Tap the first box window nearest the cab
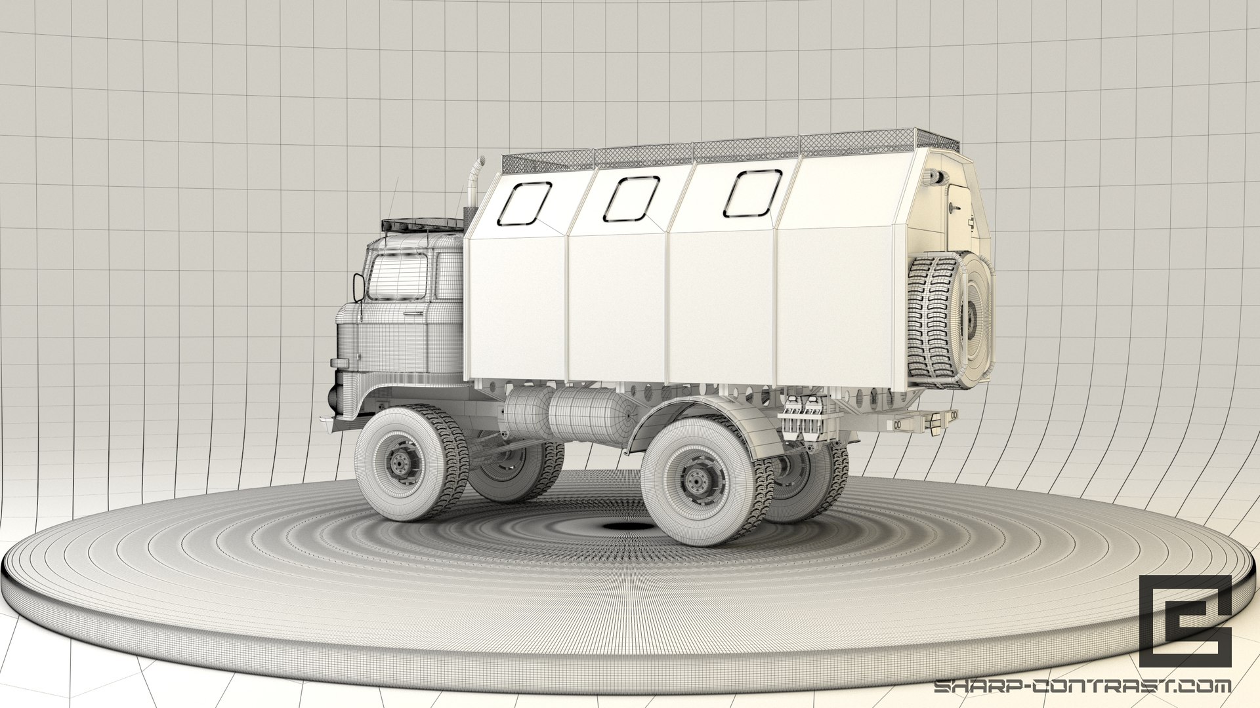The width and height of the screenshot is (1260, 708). [x=524, y=204]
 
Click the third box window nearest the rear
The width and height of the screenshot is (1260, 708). [x=752, y=193]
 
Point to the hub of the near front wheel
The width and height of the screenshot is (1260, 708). [x=399, y=463]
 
